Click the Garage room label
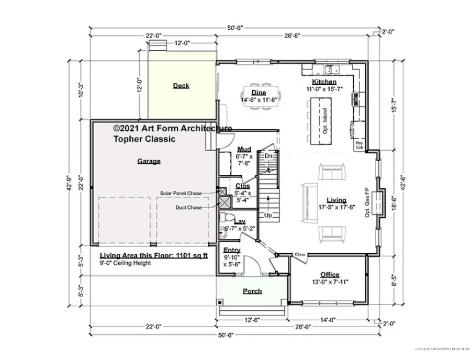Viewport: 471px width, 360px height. [x=149, y=161]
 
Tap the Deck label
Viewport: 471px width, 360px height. [x=181, y=86]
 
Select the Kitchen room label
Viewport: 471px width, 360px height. [x=324, y=82]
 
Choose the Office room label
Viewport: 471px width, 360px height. [x=330, y=275]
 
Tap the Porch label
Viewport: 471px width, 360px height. [x=252, y=291]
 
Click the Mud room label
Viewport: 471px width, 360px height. [x=244, y=149]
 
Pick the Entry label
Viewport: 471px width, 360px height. [x=232, y=250]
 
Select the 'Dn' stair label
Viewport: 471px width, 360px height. [x=268, y=156]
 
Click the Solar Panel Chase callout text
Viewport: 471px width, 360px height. [x=181, y=193]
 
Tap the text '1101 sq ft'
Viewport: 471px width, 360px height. [x=189, y=256]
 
